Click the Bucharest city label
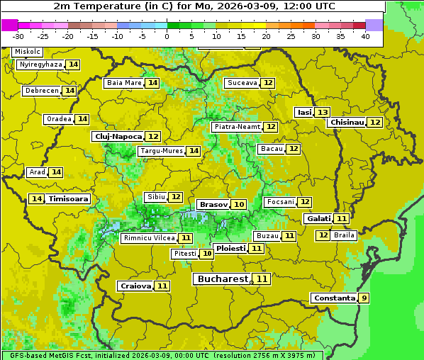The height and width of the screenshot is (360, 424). click(x=223, y=279)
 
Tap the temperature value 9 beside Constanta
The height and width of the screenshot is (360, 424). click(x=364, y=298)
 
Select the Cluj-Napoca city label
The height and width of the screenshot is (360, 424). click(x=117, y=136)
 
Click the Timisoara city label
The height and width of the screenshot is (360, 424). click(x=68, y=199)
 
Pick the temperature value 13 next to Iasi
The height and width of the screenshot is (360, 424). click(x=323, y=113)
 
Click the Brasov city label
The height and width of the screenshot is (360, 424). click(x=213, y=204)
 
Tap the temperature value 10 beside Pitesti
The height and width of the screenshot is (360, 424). click(x=206, y=254)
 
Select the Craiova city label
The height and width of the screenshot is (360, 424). click(x=135, y=286)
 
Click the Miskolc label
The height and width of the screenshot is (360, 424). click(x=27, y=52)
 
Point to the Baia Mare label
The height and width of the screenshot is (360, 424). click(x=124, y=83)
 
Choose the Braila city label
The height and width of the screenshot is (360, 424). click(x=344, y=235)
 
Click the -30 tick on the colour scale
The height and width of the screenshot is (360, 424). click(x=18, y=36)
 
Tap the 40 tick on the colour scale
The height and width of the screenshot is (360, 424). click(x=365, y=36)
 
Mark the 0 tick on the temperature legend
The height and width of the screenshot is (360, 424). click(x=167, y=36)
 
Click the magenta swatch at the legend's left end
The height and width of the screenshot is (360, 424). click(x=9, y=25)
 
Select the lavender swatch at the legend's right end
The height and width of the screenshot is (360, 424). click(x=374, y=25)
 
